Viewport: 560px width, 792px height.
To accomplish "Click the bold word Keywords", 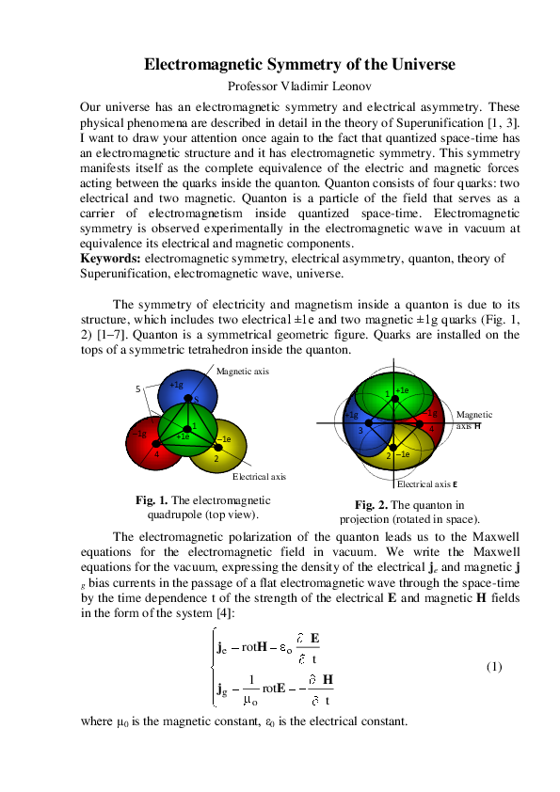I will pyautogui.click(x=110, y=259).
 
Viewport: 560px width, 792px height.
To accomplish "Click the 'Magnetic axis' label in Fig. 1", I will pyautogui.click(x=243, y=372).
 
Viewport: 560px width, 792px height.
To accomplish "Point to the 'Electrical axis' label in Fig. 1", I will pyautogui.click(x=259, y=477).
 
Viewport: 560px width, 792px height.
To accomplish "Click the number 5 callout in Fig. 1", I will pyautogui.click(x=138, y=388).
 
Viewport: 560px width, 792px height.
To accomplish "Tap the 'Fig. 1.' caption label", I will pyautogui.click(x=152, y=500).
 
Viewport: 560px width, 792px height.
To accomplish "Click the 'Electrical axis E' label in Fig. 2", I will pyautogui.click(x=426, y=484).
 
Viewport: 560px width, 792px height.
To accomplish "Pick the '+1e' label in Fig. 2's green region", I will pyautogui.click(x=402, y=389).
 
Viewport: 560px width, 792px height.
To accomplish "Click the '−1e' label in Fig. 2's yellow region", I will pyautogui.click(x=402, y=454).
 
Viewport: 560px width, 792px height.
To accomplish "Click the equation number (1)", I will pyautogui.click(x=494, y=667).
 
